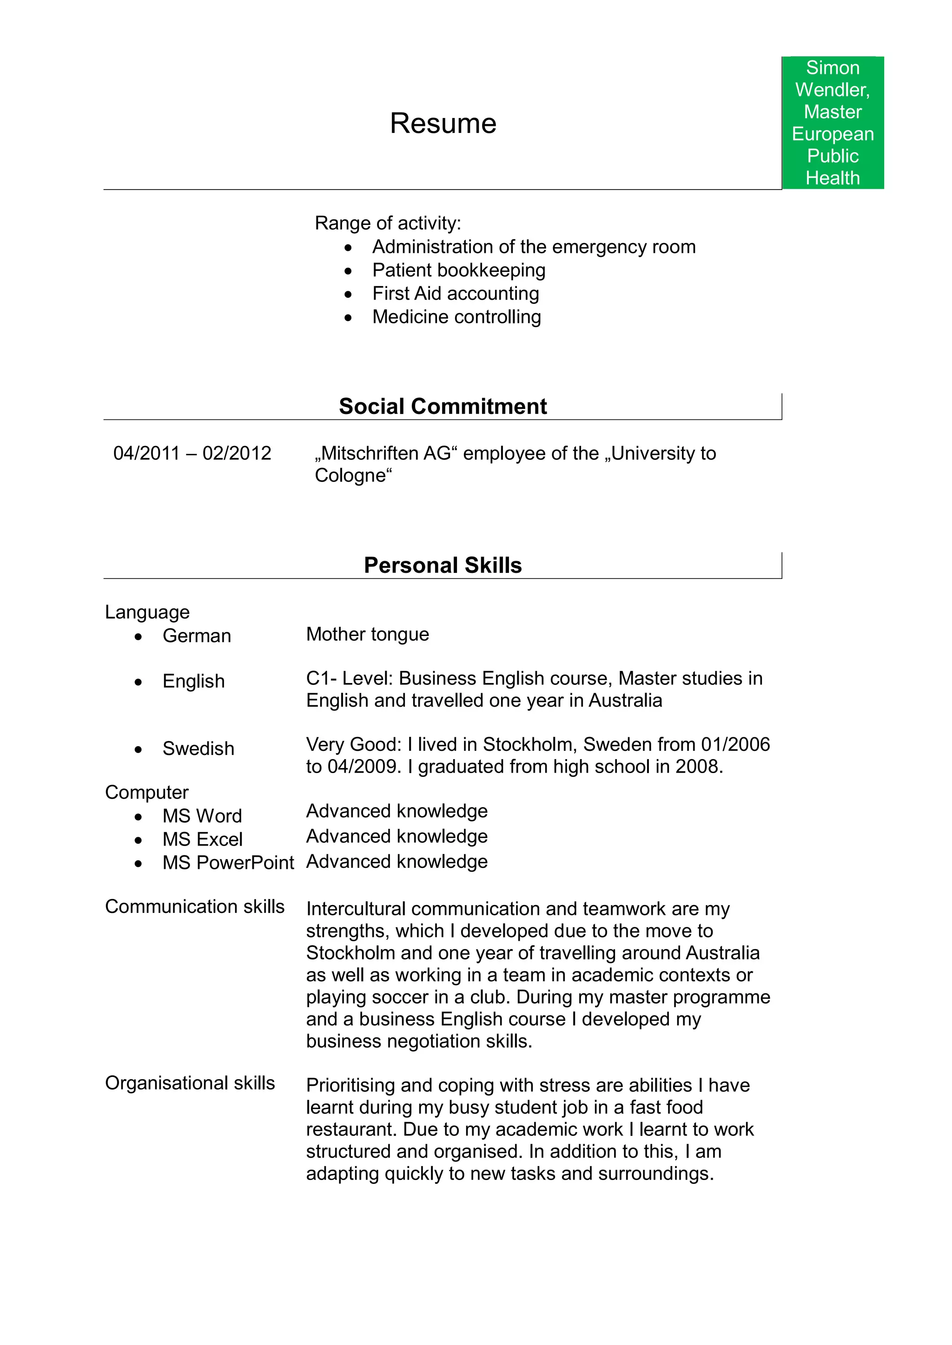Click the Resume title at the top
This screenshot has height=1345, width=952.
(x=443, y=124)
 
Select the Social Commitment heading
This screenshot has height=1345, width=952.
(x=443, y=406)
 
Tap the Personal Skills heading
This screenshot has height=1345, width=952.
(x=443, y=564)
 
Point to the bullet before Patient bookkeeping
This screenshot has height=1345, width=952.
(x=348, y=271)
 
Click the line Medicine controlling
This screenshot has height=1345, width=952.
(x=456, y=317)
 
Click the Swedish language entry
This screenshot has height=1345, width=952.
(x=198, y=748)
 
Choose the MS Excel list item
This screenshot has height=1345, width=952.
(x=202, y=840)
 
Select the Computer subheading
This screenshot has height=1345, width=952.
(x=146, y=792)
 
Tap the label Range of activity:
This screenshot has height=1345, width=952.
(x=388, y=223)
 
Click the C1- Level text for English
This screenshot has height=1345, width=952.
(x=350, y=678)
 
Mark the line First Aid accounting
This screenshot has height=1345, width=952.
(x=456, y=294)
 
